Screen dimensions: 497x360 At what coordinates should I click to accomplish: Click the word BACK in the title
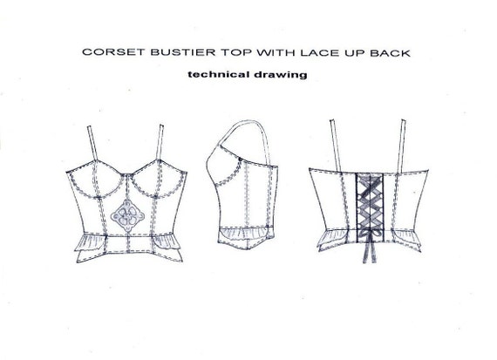click(x=390, y=53)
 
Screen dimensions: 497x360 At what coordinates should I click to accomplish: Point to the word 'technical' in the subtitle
click(x=216, y=74)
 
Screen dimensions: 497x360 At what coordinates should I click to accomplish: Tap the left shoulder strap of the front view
click(x=93, y=144)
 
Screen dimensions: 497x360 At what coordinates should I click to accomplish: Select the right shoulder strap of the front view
click(x=160, y=142)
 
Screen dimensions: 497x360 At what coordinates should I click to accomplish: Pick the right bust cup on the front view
click(x=159, y=180)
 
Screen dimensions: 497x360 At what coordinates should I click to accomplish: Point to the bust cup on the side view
click(x=224, y=170)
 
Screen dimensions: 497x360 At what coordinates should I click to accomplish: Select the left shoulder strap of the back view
click(x=336, y=146)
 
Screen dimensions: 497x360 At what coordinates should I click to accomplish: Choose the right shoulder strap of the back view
click(x=403, y=146)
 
